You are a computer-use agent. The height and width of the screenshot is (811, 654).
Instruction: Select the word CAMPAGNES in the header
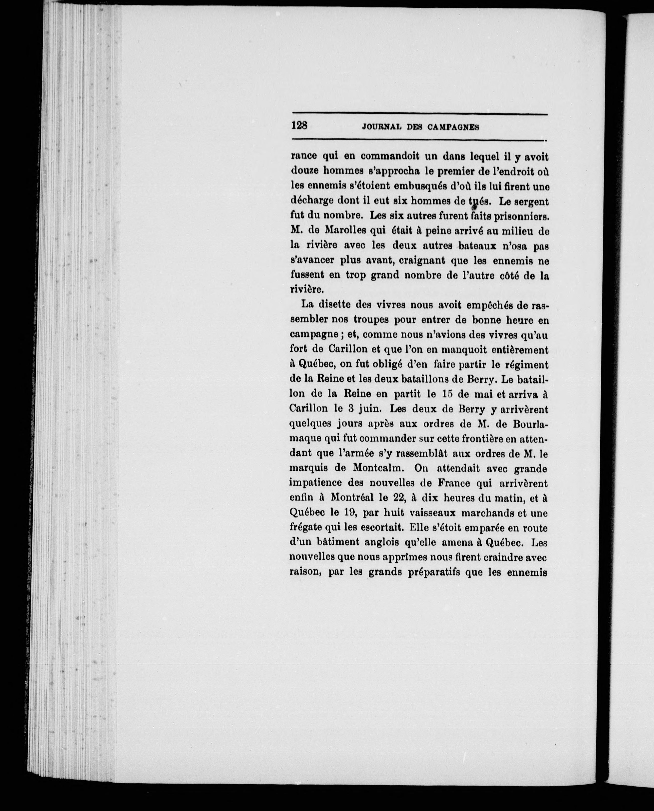tap(453, 127)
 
